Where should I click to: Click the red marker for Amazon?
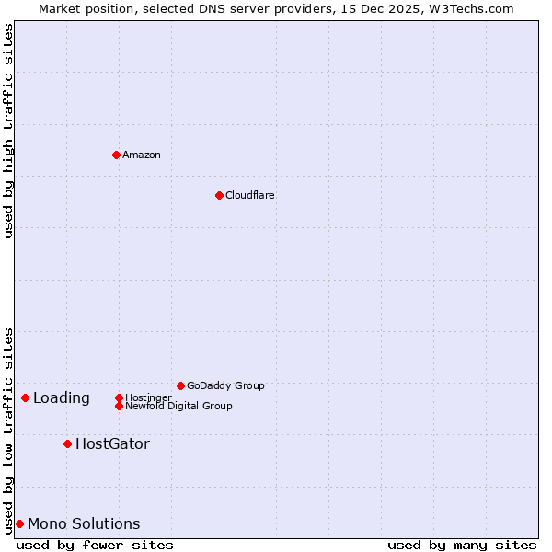116,155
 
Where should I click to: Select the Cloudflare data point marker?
219,195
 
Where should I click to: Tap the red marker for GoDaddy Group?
180,385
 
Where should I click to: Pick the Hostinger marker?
119,397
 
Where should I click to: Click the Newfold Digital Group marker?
119,406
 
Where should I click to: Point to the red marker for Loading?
25,397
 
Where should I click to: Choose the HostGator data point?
67,443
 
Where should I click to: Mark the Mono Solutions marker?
19,523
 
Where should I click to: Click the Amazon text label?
142,155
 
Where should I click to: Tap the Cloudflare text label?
250,195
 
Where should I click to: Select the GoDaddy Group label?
225,385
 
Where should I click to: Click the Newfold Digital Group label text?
179,406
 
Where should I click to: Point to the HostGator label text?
112,443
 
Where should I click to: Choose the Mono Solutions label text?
84,523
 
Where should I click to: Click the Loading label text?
62,397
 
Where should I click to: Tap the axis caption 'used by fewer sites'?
95,545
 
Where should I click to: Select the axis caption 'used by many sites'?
462,545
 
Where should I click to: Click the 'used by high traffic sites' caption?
8,132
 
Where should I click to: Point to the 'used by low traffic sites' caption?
8,430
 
